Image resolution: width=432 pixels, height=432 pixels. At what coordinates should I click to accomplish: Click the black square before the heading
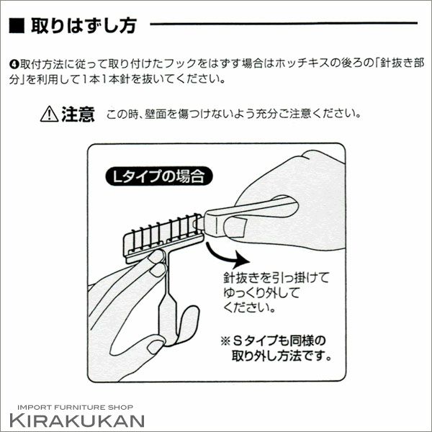tap(17, 26)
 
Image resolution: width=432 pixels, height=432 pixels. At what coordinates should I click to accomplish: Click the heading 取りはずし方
tap(84, 26)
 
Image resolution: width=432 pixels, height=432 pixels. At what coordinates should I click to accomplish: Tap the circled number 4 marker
tap(14, 65)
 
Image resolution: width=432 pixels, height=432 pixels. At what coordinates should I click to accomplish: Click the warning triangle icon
tap(49, 114)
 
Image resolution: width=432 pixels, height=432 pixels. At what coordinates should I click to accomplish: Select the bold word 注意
tap(78, 114)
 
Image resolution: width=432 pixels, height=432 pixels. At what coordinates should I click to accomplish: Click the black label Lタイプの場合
tap(159, 176)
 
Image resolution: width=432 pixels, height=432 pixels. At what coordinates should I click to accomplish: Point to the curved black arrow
tap(226, 256)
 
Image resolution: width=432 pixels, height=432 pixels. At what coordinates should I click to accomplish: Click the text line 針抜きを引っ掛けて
tap(276, 277)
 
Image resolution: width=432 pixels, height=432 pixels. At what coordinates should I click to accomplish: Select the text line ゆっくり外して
tap(261, 292)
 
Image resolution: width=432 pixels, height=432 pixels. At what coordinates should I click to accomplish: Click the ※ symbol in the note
tap(225, 341)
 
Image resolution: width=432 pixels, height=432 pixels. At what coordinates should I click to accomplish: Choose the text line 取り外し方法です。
tap(282, 356)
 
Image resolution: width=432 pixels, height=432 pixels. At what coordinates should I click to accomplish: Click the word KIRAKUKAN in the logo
tap(77, 420)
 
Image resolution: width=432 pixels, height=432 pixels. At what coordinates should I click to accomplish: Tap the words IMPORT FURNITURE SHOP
tap(75, 408)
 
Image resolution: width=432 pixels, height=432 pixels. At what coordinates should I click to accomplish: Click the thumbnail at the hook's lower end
tap(155, 346)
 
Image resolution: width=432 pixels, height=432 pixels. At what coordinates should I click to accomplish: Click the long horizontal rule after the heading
tap(284, 24)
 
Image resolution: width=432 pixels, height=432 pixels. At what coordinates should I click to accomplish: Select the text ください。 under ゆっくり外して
tap(249, 307)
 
